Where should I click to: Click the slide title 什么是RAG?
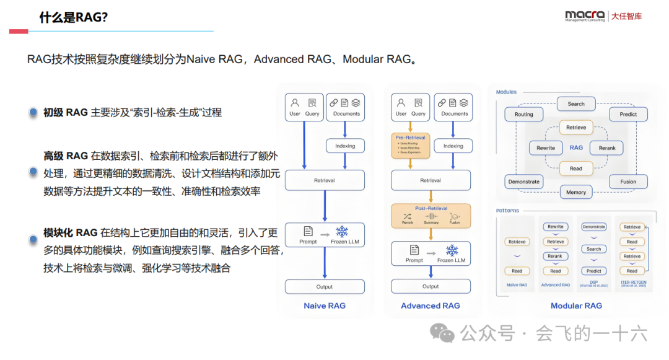tap(74, 17)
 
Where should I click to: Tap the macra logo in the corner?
tap(585, 16)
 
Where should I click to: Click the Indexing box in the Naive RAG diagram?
tap(345, 146)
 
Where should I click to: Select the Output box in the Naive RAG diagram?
tap(325, 287)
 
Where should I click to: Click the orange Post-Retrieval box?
tap(431, 216)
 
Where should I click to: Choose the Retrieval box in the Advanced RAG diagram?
tap(431, 180)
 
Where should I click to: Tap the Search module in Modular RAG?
tap(576, 104)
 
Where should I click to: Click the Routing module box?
tap(524, 115)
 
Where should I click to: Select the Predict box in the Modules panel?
tap(628, 115)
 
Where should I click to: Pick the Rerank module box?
tap(607, 148)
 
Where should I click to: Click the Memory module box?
tap(576, 192)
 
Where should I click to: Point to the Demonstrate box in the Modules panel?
tap(524, 182)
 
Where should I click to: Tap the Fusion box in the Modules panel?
tap(628, 182)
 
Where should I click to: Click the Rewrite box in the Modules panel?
tap(546, 148)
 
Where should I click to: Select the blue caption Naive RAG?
tap(325, 305)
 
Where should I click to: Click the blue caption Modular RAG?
tap(576, 305)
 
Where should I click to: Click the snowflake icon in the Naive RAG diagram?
tap(342, 232)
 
